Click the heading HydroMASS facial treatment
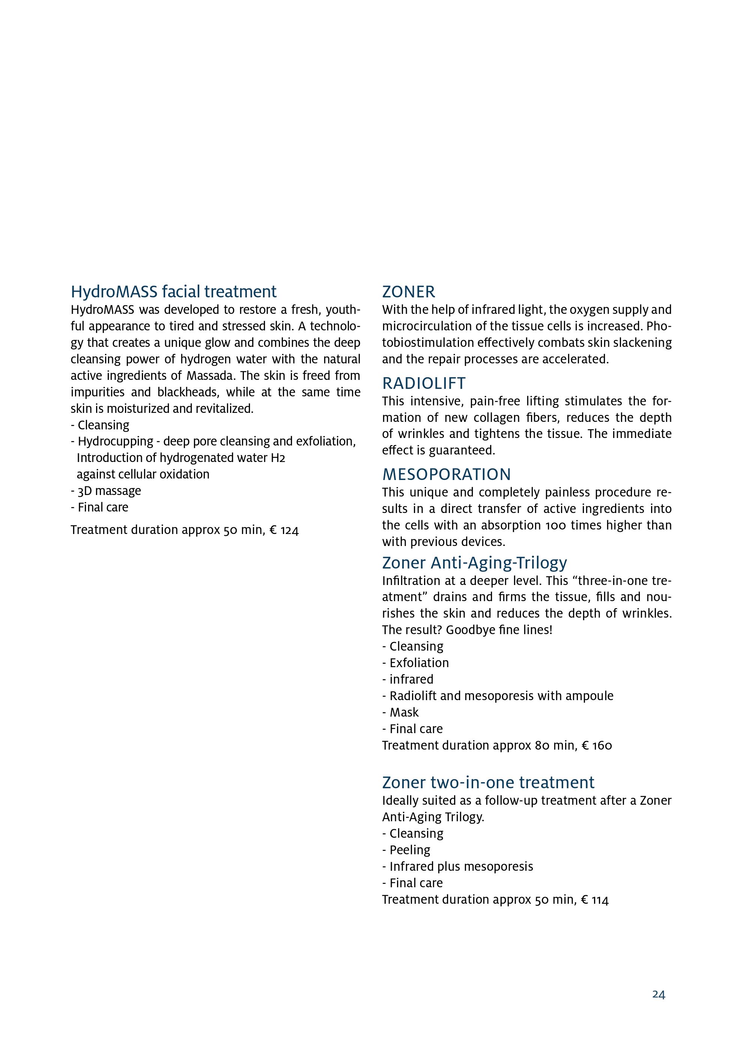point(173,292)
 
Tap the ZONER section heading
point(409,292)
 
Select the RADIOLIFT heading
point(424,383)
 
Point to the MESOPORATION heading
point(446,475)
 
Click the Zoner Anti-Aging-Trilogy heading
point(474,562)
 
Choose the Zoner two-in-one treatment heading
point(488,783)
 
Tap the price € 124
point(284,530)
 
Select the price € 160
point(597,746)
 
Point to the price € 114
point(595,900)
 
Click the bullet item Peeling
point(409,850)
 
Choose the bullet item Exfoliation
point(419,663)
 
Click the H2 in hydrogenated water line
point(278,458)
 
